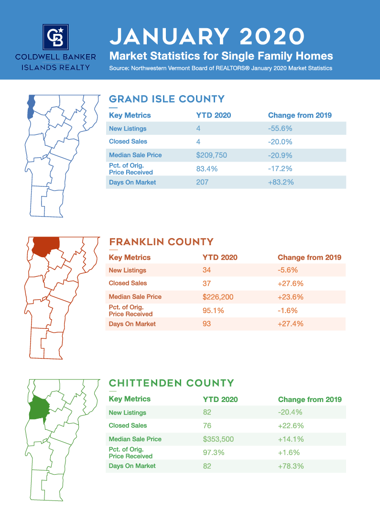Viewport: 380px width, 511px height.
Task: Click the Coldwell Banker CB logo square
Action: (x=55, y=37)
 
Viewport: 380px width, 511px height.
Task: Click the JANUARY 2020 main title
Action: (x=207, y=36)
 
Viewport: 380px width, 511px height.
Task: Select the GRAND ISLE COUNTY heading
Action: (x=167, y=99)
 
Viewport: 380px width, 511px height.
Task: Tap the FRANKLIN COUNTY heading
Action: (x=161, y=242)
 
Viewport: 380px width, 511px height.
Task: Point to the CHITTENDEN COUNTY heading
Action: (x=172, y=383)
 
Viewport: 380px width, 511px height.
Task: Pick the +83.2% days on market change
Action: (x=280, y=182)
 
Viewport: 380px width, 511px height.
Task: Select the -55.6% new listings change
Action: (x=280, y=129)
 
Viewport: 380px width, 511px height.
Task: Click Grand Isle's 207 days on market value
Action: (x=202, y=182)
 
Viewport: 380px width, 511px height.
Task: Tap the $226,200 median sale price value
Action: (x=218, y=297)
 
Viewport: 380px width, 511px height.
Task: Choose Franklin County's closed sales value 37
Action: (x=207, y=283)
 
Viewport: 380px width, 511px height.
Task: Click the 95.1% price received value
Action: (x=213, y=311)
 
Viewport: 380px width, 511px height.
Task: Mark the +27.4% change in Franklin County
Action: (x=290, y=324)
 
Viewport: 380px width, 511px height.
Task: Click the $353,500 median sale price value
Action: (x=218, y=439)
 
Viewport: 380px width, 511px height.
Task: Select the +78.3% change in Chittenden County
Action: (x=291, y=466)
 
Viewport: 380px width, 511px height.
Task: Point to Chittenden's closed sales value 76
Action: (x=207, y=425)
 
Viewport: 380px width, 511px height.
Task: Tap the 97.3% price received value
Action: (x=214, y=453)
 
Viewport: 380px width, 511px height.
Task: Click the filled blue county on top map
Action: (x=31, y=106)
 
